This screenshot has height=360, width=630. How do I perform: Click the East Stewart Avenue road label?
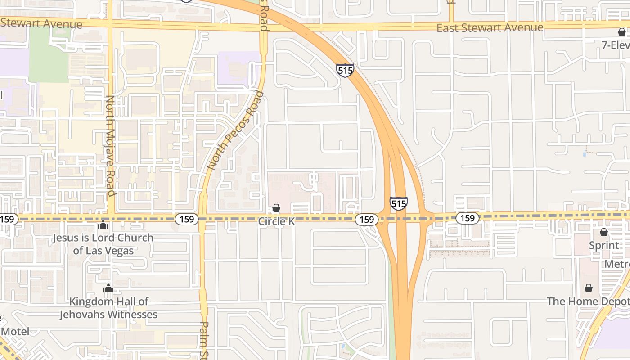click(490, 28)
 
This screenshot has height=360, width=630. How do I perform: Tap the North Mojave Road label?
click(111, 146)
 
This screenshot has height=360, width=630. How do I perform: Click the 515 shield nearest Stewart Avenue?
click(345, 70)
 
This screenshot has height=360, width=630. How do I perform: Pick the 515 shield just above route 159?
click(399, 204)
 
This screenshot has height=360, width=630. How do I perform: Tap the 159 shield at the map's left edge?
click(8, 219)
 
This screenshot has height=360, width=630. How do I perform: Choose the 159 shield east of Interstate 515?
click(468, 218)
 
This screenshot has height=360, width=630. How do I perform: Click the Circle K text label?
click(276, 221)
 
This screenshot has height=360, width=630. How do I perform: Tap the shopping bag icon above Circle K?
click(276, 208)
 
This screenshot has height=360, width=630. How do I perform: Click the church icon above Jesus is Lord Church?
click(103, 224)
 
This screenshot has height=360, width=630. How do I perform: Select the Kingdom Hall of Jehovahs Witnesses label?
click(108, 308)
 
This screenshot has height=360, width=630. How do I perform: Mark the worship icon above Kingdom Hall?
click(108, 288)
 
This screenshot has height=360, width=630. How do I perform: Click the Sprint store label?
click(604, 246)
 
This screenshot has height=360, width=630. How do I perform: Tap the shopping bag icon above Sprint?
click(604, 232)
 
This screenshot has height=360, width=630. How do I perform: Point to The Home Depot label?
click(588, 301)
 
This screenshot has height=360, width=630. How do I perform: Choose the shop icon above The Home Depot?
click(589, 288)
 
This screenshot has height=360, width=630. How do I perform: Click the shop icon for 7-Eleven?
click(622, 32)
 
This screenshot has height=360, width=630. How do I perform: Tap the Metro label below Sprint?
click(616, 264)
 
